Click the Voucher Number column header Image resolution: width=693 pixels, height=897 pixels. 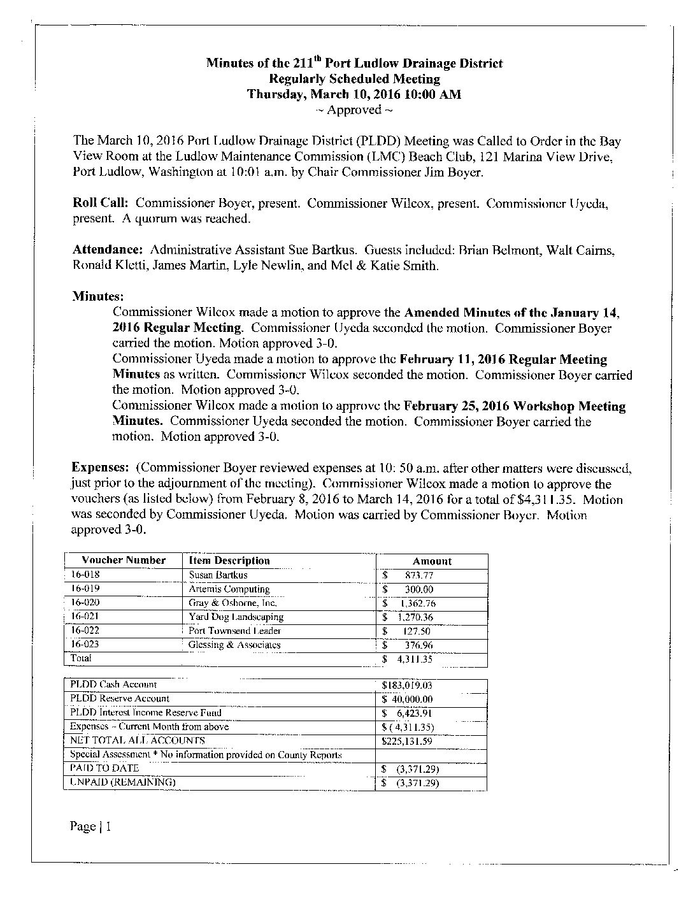coord(124,561)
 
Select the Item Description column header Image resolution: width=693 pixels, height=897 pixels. coord(229,561)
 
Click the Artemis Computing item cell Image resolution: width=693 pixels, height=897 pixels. coord(229,589)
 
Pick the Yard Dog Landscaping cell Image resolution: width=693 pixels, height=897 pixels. coord(236,617)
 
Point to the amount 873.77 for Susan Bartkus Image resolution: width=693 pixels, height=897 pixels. coord(418,575)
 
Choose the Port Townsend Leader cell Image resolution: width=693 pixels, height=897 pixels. coord(235,631)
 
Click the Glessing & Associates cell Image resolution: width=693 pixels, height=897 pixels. coord(234,645)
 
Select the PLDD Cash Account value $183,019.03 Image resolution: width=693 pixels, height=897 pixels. coord(407,685)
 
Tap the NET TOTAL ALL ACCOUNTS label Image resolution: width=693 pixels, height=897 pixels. coord(138,740)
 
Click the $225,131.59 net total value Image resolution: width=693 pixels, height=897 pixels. coord(407,741)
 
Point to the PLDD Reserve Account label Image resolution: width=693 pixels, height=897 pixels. coord(120,699)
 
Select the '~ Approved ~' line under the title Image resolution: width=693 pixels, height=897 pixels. coord(354,110)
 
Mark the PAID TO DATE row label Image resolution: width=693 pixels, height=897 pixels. coord(104,768)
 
